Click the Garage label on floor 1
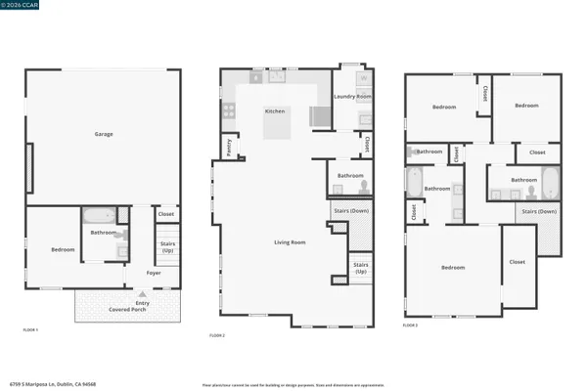pos(101,134)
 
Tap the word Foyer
pos(155,273)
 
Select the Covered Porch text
pos(131,310)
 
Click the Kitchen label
pos(275,111)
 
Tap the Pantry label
pos(229,147)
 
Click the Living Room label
pos(289,241)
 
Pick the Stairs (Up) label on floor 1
pos(165,248)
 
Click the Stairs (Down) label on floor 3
pos(538,211)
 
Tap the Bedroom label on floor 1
pos(63,250)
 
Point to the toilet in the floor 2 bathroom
pos(362,187)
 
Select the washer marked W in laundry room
pos(363,77)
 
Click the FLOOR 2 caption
pos(216,335)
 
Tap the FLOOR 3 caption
pos(409,325)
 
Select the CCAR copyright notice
pos(17,5)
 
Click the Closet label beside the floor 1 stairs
pos(165,214)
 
